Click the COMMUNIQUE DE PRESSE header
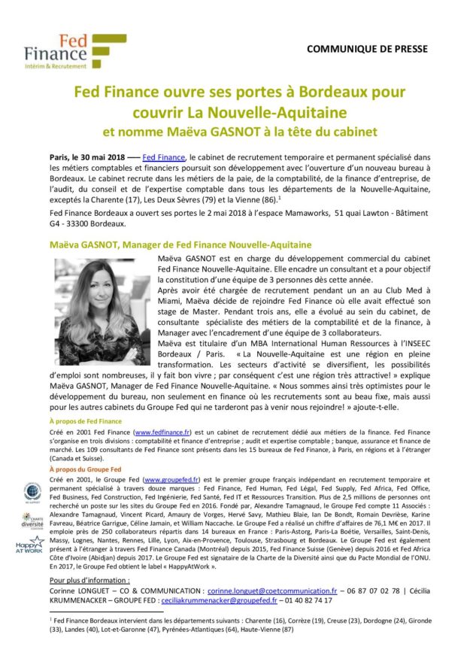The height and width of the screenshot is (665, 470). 367,49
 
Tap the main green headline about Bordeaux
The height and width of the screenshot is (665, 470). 235,102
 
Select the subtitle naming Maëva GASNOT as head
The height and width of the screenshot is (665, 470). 235,132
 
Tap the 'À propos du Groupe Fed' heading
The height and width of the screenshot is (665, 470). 79,469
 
